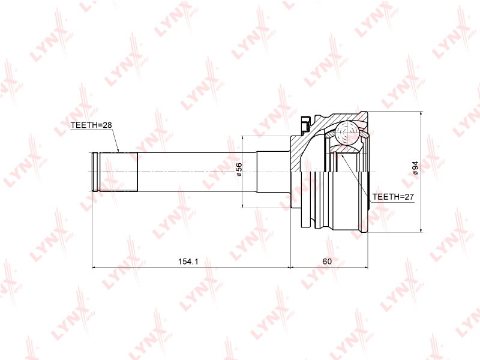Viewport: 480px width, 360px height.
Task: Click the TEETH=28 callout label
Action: tap(91, 125)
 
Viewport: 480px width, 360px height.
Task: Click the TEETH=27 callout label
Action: tap(393, 197)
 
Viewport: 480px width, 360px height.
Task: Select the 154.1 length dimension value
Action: tap(188, 262)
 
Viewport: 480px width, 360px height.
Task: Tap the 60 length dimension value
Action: tap(327, 262)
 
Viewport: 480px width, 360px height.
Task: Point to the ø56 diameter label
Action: tap(238, 169)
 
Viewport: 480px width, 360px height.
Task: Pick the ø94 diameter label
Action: tap(415, 168)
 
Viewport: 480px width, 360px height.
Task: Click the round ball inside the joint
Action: tap(347, 133)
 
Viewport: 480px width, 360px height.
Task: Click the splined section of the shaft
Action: tap(119, 172)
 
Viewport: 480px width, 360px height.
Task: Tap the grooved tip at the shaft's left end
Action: tap(96, 172)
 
